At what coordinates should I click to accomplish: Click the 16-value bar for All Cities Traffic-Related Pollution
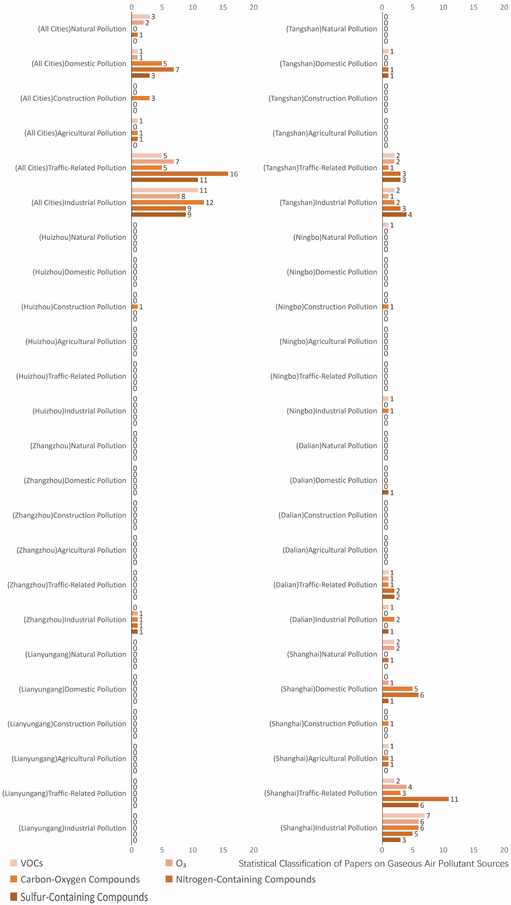[x=180, y=174]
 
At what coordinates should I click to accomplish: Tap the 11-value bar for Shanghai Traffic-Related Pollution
[x=415, y=799]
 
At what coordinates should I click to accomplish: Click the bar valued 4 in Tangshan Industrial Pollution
[x=394, y=214]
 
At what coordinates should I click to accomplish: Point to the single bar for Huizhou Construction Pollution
[x=134, y=307]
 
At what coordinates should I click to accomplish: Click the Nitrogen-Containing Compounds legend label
[x=246, y=879]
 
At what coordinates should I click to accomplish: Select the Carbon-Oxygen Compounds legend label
[x=80, y=879]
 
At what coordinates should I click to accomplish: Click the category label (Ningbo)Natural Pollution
[x=335, y=237]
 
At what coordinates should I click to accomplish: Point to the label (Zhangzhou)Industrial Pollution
[x=75, y=619]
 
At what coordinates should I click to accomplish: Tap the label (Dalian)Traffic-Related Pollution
[x=325, y=585]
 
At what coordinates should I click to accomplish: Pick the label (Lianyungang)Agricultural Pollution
[x=69, y=758]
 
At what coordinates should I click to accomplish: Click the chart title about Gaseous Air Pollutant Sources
[x=373, y=864]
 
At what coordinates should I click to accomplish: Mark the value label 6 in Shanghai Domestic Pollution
[x=422, y=695]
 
